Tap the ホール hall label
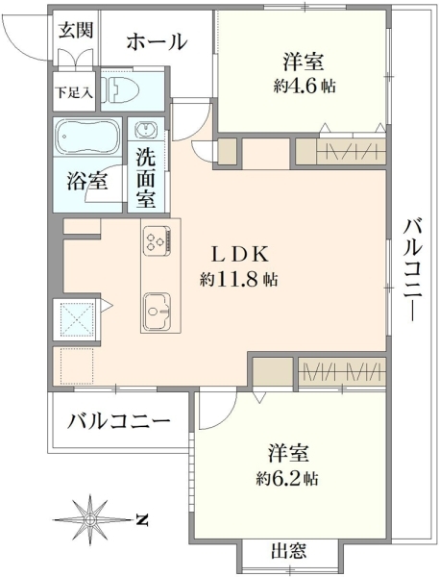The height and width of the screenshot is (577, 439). (x=157, y=41)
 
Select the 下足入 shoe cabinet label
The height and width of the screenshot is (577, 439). (x=74, y=92)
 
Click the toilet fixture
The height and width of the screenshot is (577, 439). (x=121, y=89)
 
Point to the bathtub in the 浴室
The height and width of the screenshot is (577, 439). (x=87, y=137)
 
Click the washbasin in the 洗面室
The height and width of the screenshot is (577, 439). (x=146, y=130)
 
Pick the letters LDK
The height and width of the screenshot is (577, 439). (x=240, y=255)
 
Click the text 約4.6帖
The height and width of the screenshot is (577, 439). (x=305, y=87)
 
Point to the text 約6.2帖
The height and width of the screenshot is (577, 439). (x=287, y=479)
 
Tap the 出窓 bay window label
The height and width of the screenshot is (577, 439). (x=288, y=551)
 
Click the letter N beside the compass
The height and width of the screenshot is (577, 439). (x=141, y=519)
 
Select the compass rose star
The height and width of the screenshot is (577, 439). (x=89, y=519)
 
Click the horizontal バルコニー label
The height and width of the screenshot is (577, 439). (x=119, y=421)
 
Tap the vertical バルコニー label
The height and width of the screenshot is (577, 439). (x=412, y=269)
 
